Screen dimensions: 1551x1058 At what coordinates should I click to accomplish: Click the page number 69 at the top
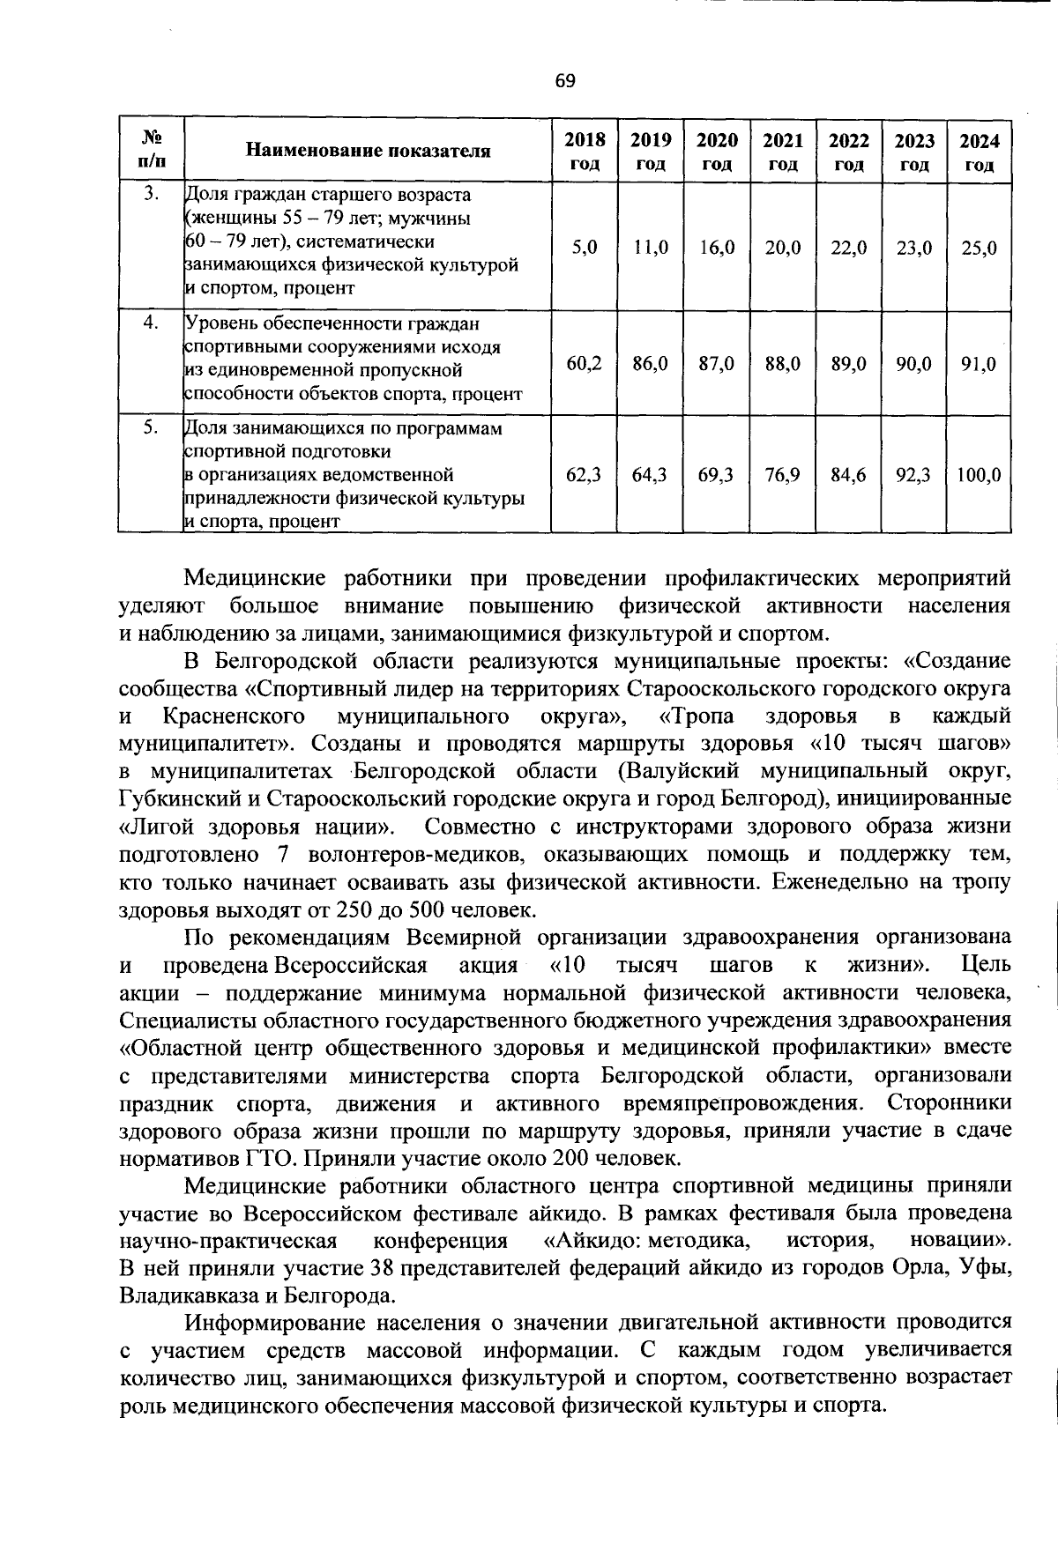[565, 81]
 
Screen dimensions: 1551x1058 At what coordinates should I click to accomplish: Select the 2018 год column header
[585, 152]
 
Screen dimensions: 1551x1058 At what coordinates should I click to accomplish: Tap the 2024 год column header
[980, 152]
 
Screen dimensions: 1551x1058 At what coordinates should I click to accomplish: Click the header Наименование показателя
[368, 151]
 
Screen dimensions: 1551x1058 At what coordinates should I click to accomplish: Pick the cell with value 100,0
[980, 475]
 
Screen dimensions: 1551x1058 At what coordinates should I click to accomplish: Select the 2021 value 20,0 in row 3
[783, 249]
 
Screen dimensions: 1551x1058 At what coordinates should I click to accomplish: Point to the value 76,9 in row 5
[783, 475]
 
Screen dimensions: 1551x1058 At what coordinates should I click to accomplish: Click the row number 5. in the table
[152, 427]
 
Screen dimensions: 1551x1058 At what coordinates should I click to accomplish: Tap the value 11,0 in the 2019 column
[651, 249]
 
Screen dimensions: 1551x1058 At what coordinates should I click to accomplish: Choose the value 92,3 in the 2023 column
[914, 475]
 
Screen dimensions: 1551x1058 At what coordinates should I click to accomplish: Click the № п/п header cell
[152, 151]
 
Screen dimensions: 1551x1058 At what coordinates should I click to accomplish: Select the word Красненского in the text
[234, 716]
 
